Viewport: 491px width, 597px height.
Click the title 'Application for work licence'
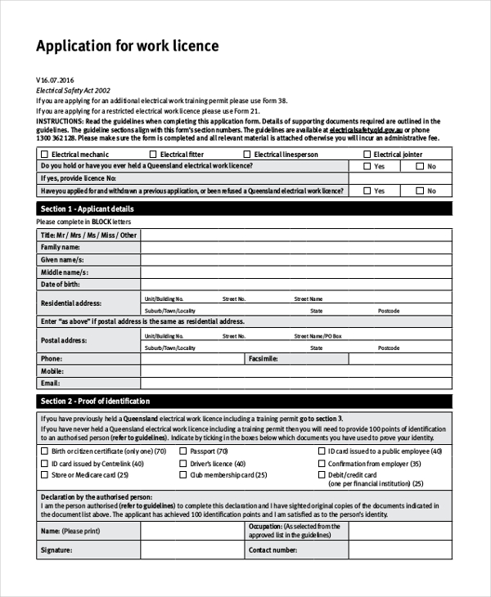128,46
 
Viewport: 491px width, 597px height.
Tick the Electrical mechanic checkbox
44,154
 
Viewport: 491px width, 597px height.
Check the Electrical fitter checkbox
153,154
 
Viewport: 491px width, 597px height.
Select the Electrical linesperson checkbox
247,154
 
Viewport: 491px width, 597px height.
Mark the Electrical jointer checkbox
367,154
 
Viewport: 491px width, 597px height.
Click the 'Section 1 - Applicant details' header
88,209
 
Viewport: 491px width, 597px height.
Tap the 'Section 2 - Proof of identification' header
96,401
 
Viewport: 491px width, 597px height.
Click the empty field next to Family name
295,247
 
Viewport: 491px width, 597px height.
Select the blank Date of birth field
295,284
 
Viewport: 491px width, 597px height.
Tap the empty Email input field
295,383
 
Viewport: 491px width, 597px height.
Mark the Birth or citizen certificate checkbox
44,451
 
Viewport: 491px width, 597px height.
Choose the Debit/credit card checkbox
321,475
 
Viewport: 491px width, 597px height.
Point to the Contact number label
273,550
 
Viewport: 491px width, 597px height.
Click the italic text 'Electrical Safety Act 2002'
73,91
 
